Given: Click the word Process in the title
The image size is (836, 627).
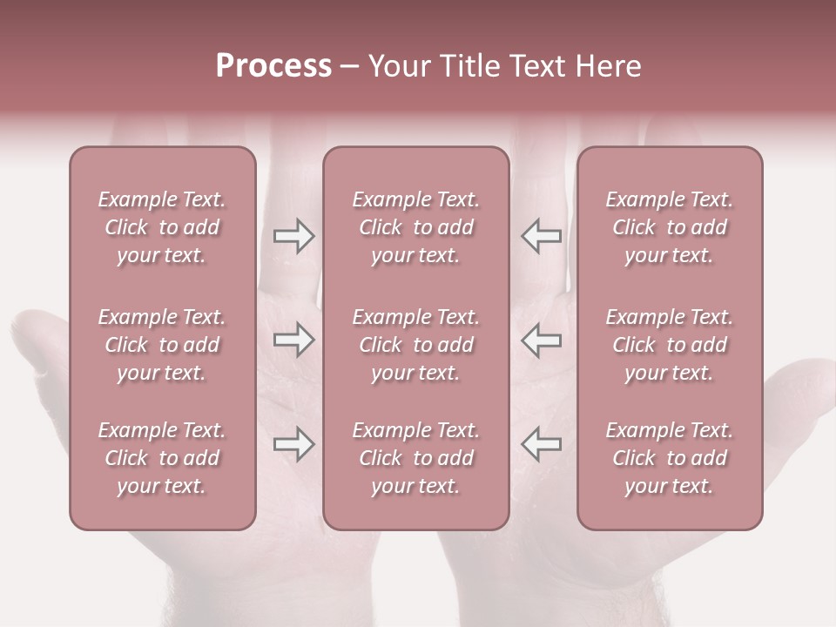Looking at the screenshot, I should pyautogui.click(x=273, y=66).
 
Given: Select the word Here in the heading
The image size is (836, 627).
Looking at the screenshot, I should pyautogui.click(x=607, y=66).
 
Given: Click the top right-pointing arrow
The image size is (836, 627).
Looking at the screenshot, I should pyautogui.click(x=294, y=236).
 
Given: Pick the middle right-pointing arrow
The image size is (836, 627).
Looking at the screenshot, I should pyautogui.click(x=294, y=340).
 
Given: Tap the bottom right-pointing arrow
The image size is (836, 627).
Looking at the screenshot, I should pyautogui.click(x=294, y=444).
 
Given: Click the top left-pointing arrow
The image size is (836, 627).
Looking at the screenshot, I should pyautogui.click(x=541, y=236).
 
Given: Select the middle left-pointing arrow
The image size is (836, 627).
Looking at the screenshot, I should pyautogui.click(x=541, y=340).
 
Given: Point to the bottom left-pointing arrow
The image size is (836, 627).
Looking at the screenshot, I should pyautogui.click(x=541, y=444).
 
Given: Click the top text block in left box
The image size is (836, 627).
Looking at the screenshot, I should pyautogui.click(x=162, y=227).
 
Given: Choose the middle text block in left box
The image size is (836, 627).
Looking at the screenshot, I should pyautogui.click(x=162, y=345).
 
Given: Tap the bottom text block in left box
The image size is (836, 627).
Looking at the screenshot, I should pyautogui.click(x=162, y=458).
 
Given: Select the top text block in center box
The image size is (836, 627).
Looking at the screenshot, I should pyautogui.click(x=415, y=227).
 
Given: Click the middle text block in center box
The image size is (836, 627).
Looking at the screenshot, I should pyautogui.click(x=415, y=345).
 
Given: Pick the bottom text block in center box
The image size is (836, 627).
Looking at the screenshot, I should pyautogui.click(x=415, y=458).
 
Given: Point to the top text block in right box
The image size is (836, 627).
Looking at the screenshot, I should pyautogui.click(x=670, y=227).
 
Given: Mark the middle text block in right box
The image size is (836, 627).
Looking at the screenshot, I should pyautogui.click(x=670, y=345).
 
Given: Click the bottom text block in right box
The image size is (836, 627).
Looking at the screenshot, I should pyautogui.click(x=670, y=458).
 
